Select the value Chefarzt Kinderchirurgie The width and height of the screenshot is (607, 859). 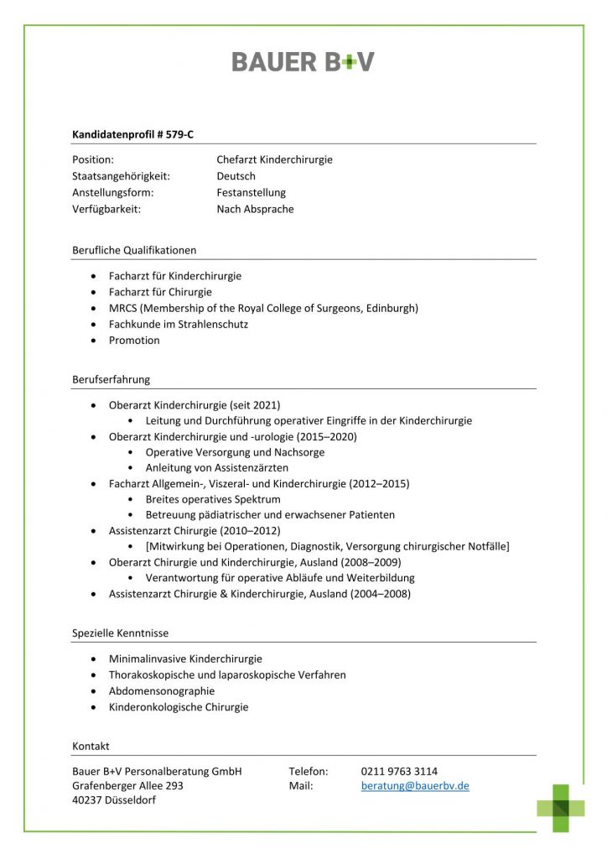pos(274,159)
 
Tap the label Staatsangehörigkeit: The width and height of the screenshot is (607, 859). pos(122,176)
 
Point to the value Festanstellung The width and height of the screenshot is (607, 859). pos(251,193)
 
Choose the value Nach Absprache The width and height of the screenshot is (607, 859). pos(255,210)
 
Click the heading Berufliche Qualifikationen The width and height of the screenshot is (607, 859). pos(134,250)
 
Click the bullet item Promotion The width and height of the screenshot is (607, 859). pos(134,341)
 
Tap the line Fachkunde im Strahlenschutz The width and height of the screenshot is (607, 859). pos(179,324)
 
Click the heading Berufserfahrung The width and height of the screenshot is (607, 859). pos(111,379)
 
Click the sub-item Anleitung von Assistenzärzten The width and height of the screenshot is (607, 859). pos(217,467)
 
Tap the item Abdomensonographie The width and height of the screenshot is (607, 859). pos(162,691)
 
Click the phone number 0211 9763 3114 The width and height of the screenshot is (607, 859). pos(399,771)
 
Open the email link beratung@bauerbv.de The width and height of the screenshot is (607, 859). pos(415,786)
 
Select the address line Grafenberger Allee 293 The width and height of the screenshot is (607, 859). pos(127,786)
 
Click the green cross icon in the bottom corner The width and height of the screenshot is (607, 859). pos(561,807)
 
